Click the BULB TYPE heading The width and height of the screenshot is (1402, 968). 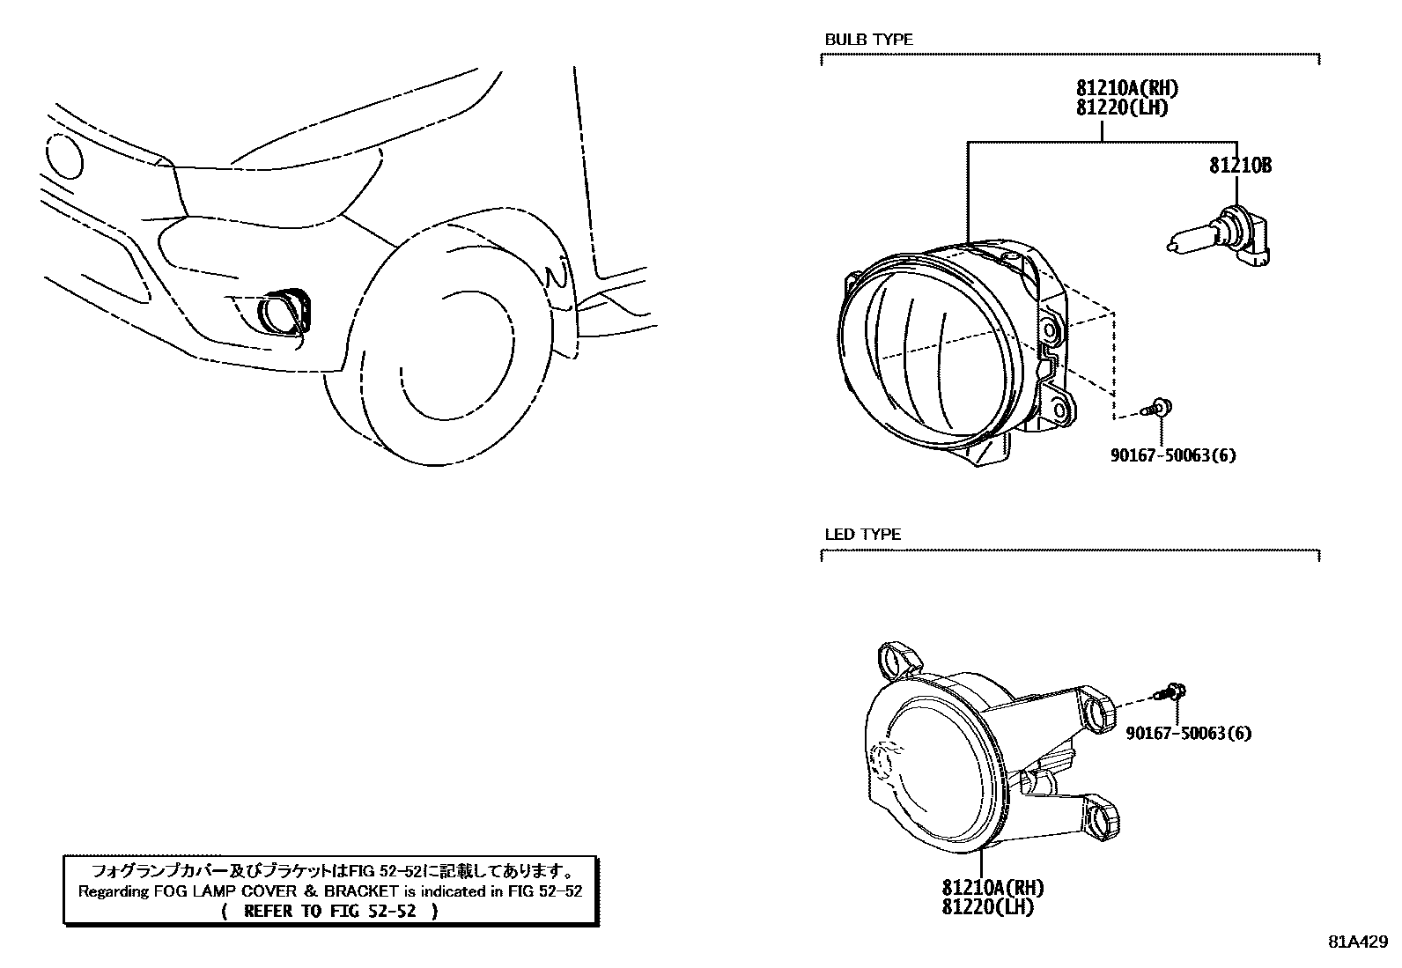[x=868, y=40]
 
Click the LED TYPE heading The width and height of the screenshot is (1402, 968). [x=862, y=535]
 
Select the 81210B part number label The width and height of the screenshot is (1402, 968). [x=1240, y=166]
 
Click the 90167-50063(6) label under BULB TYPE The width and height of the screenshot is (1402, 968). [x=1172, y=455]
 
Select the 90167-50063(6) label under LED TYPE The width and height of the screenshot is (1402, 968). [x=1188, y=733]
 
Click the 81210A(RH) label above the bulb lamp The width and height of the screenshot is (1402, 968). [x=1126, y=88]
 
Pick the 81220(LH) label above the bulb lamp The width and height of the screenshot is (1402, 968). [x=1121, y=108]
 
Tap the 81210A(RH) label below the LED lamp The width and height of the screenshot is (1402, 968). [x=992, y=888]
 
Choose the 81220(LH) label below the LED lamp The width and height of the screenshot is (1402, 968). [x=987, y=906]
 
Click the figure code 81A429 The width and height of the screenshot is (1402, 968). [x=1358, y=940]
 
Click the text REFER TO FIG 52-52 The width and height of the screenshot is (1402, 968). [x=329, y=911]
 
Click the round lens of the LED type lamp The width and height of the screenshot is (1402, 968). [x=938, y=764]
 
